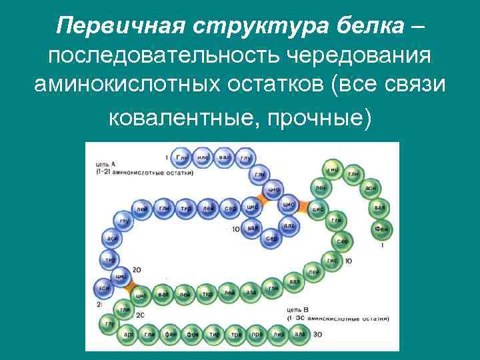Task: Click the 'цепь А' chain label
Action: [105, 163]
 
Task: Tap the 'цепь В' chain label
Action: [297, 310]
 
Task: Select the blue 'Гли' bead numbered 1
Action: [182, 158]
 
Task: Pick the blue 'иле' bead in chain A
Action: [203, 158]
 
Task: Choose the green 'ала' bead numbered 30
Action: [299, 333]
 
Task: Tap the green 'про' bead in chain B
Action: [256, 333]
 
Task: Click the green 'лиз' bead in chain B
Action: [278, 333]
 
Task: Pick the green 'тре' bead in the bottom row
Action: [235, 333]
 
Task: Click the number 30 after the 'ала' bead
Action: [317, 334]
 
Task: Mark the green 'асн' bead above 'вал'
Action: [370, 189]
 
